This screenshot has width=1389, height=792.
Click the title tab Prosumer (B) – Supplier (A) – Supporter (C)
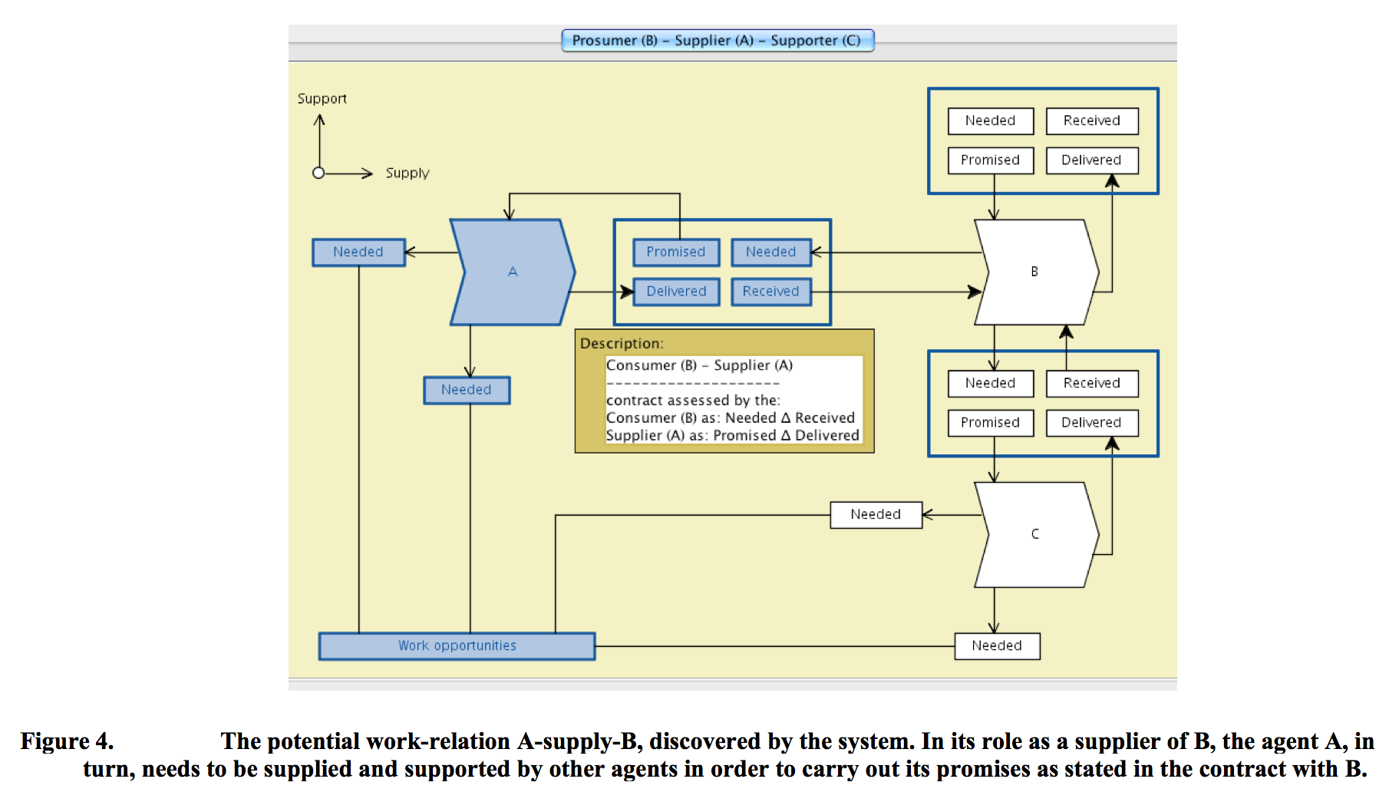(718, 41)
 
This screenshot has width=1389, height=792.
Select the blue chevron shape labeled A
(513, 272)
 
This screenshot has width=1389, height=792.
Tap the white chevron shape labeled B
(1035, 272)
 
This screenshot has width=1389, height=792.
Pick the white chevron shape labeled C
(1035, 534)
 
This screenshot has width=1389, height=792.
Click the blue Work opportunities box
(457, 646)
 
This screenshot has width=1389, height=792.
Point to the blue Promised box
(675, 252)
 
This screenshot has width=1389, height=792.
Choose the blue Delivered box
(675, 292)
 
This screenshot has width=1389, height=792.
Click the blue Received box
(770, 292)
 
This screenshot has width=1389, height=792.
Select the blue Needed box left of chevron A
(358, 252)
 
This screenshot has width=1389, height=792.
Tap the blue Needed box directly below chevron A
(466, 390)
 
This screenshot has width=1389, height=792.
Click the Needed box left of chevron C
(876, 514)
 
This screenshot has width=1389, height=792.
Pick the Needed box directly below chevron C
(997, 646)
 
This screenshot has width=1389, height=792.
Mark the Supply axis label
(407, 173)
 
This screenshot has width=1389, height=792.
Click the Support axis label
(322, 99)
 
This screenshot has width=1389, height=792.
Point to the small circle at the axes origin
(318, 173)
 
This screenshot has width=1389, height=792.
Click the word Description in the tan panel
(621, 344)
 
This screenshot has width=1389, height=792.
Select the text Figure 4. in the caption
(67, 741)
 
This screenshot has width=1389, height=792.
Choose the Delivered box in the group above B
(1091, 160)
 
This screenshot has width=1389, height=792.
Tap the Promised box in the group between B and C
(990, 423)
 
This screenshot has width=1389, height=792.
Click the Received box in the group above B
(1091, 121)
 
